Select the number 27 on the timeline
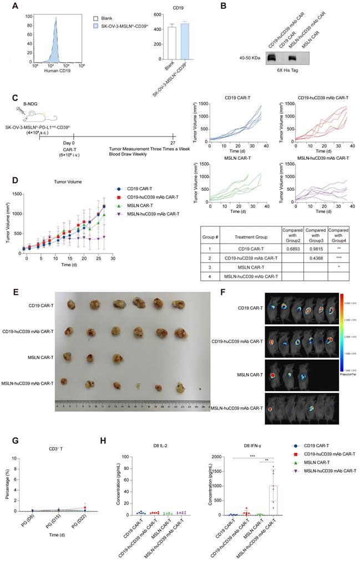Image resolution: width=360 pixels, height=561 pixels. pyautogui.click(x=173, y=143)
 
